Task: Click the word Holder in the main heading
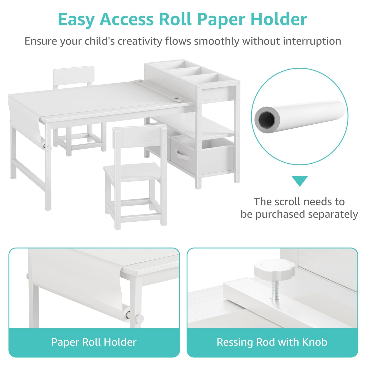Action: tap(279, 19)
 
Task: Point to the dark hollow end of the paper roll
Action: tap(267, 120)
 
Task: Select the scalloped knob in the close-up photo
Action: tap(275, 270)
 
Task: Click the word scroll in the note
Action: tap(290, 201)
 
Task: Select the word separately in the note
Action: tap(333, 215)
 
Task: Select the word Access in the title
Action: tap(126, 19)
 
